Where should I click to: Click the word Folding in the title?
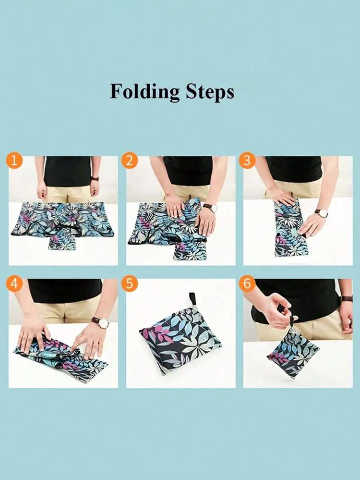(144, 92)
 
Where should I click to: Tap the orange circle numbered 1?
(14, 160)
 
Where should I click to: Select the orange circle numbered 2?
(130, 160)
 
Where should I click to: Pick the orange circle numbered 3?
(247, 160)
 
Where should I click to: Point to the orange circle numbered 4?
(14, 283)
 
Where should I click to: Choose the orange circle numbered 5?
(130, 283)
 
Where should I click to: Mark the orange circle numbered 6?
(247, 283)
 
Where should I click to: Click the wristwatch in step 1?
(95, 178)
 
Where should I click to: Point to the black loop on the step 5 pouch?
(192, 299)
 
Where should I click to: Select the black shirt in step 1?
(68, 171)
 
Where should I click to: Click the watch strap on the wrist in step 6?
(347, 299)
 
